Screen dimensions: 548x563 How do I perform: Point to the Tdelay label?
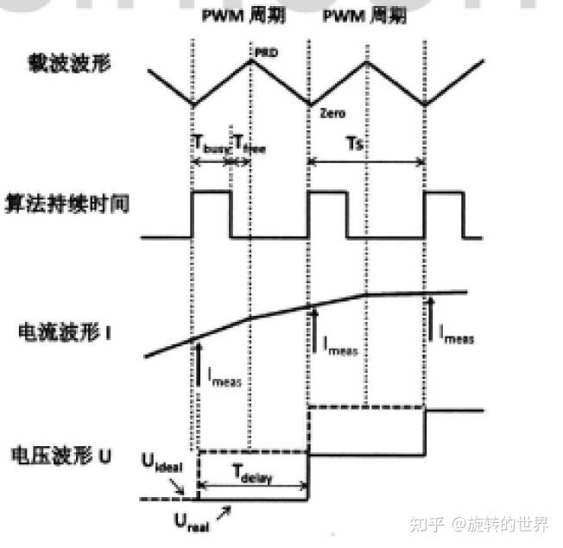252,472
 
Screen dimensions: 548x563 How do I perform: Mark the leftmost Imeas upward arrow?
199,363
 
